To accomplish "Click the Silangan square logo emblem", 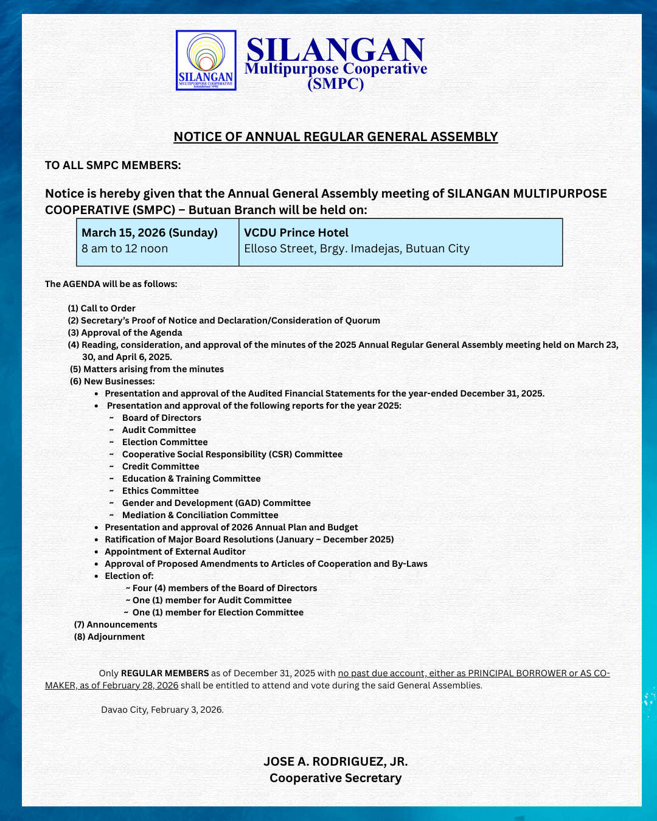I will click(x=206, y=60).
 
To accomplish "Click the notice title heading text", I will click(x=336, y=137).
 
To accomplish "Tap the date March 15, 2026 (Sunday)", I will click(x=150, y=233).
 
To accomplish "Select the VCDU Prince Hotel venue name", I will click(x=296, y=233).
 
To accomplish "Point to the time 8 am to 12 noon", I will click(x=125, y=249).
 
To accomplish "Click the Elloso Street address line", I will click(x=356, y=249).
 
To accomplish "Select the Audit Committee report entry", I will click(x=159, y=430).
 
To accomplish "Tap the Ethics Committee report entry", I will click(x=160, y=491).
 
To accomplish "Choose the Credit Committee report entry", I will click(x=161, y=466).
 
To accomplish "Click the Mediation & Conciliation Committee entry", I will click(x=200, y=515).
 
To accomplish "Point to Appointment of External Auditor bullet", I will click(x=175, y=552).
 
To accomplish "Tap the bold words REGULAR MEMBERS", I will click(x=165, y=673).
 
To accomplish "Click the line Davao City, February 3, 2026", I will click(x=162, y=710).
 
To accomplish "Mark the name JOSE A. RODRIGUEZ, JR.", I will click(x=336, y=761).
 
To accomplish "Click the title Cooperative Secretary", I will click(x=336, y=778).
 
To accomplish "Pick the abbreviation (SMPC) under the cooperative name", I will click(x=336, y=84).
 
